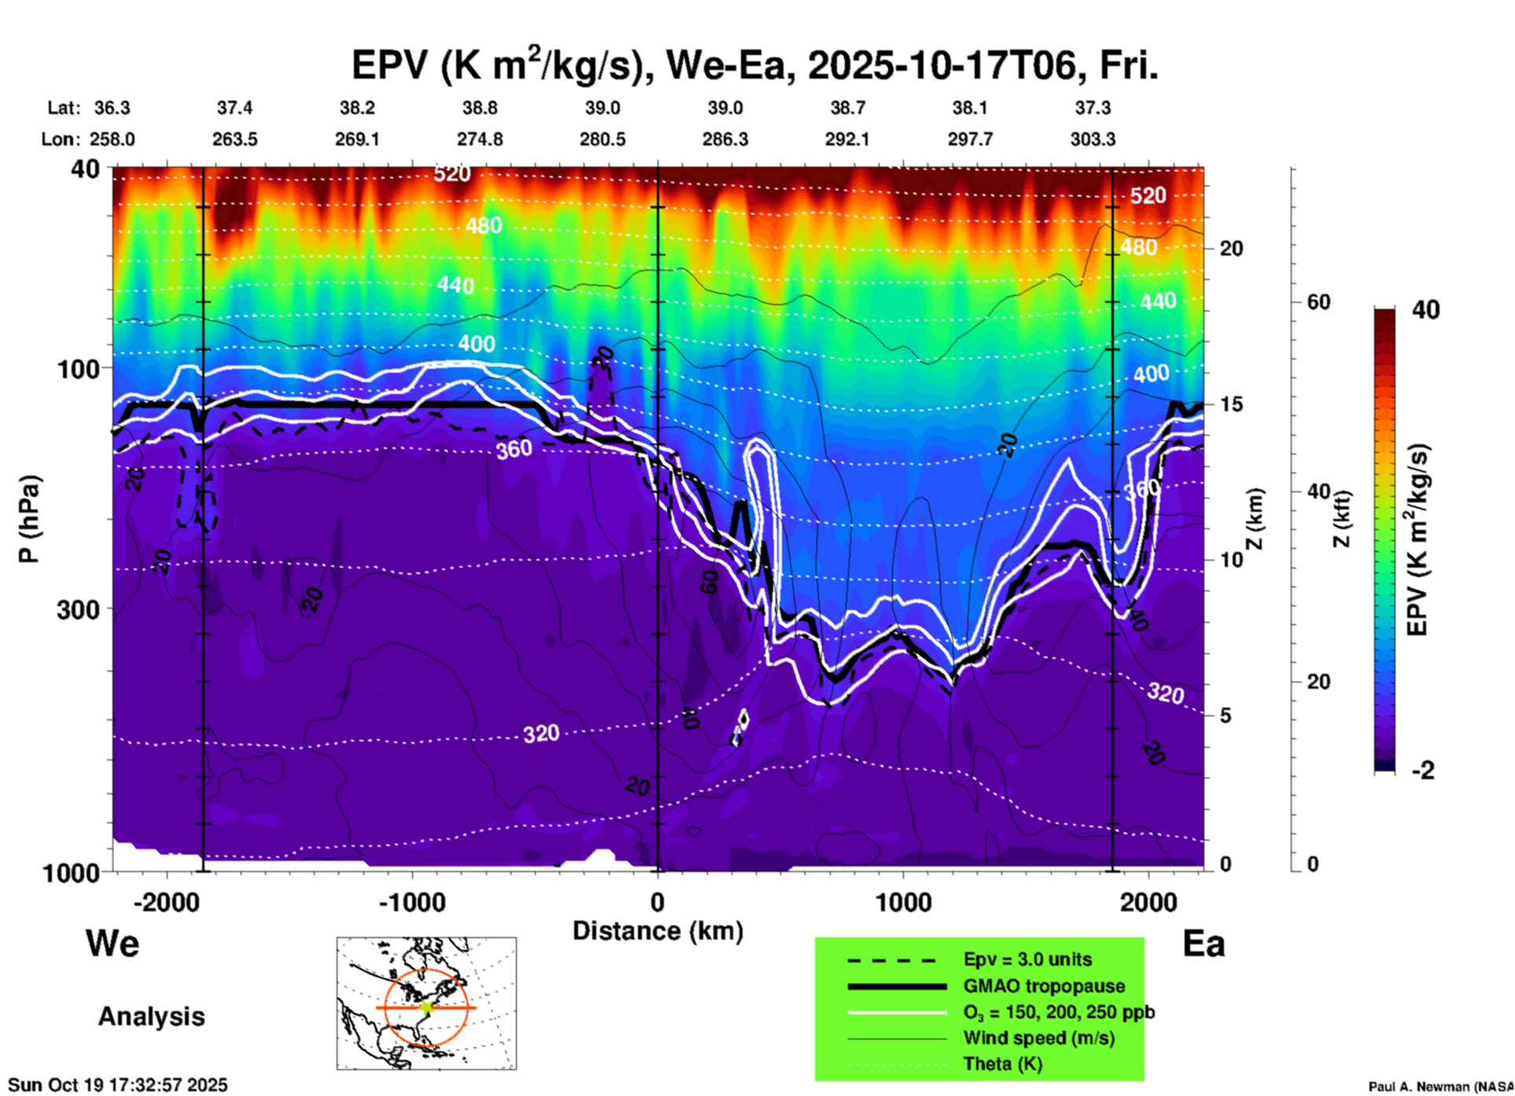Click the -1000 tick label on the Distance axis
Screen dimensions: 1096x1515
[411, 902]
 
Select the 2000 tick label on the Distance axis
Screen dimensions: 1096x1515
[1148, 902]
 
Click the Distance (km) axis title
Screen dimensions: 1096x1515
[658, 931]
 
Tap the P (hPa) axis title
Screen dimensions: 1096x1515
[29, 519]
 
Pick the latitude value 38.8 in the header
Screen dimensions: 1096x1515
[479, 108]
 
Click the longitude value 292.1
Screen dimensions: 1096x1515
[847, 139]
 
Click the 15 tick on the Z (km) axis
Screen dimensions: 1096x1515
[1231, 404]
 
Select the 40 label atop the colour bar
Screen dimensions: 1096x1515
[1425, 310]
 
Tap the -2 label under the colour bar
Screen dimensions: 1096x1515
[1423, 771]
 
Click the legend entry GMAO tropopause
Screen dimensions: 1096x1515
[1044, 986]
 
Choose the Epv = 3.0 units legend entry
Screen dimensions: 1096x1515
[1027, 959]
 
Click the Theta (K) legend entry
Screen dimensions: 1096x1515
[1002, 1064]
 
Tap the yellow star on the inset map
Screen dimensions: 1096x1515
[426, 1006]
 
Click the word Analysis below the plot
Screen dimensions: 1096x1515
[151, 1017]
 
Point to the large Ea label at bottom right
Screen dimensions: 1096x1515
[1204, 943]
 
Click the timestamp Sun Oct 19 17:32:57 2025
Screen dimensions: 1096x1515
[118, 1085]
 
